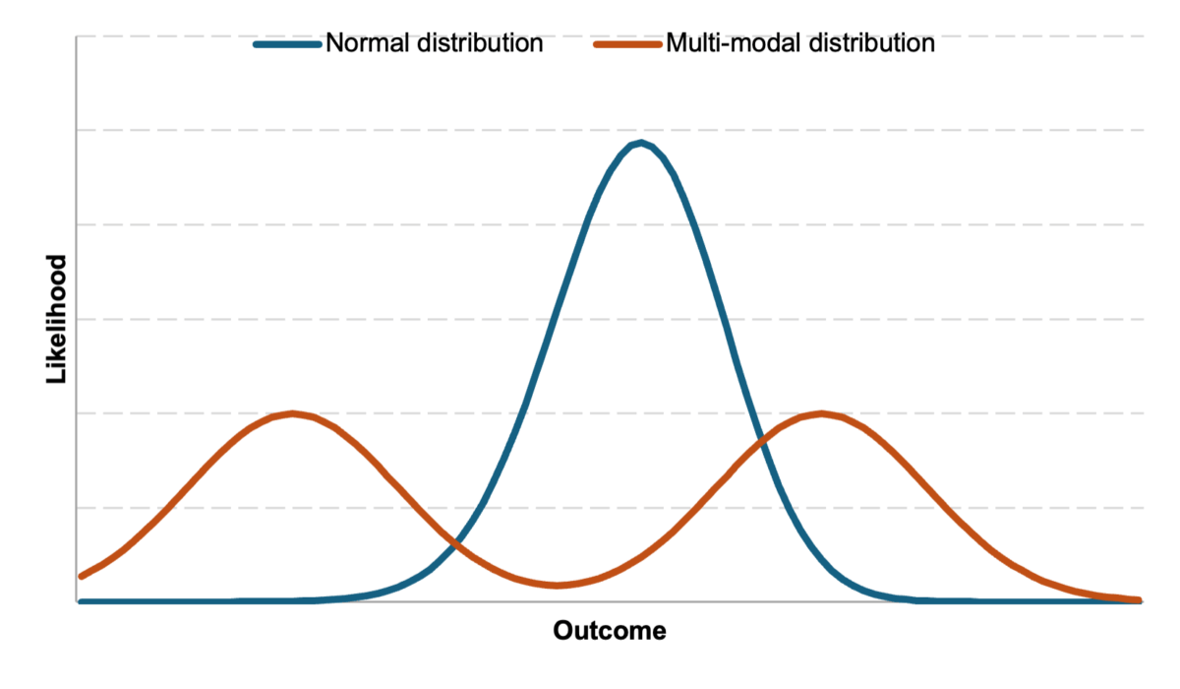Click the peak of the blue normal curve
[641, 144]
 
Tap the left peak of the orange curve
[293, 413]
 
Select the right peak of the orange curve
[821, 413]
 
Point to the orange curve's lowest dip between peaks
[557, 586]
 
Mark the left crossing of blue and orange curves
[454, 541]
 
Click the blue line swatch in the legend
[287, 44]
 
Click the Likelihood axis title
[57, 319]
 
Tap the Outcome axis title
[610, 631]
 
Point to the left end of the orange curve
[81, 576]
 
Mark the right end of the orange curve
[1139, 599]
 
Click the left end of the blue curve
[81, 601]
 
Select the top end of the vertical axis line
[77, 36]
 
